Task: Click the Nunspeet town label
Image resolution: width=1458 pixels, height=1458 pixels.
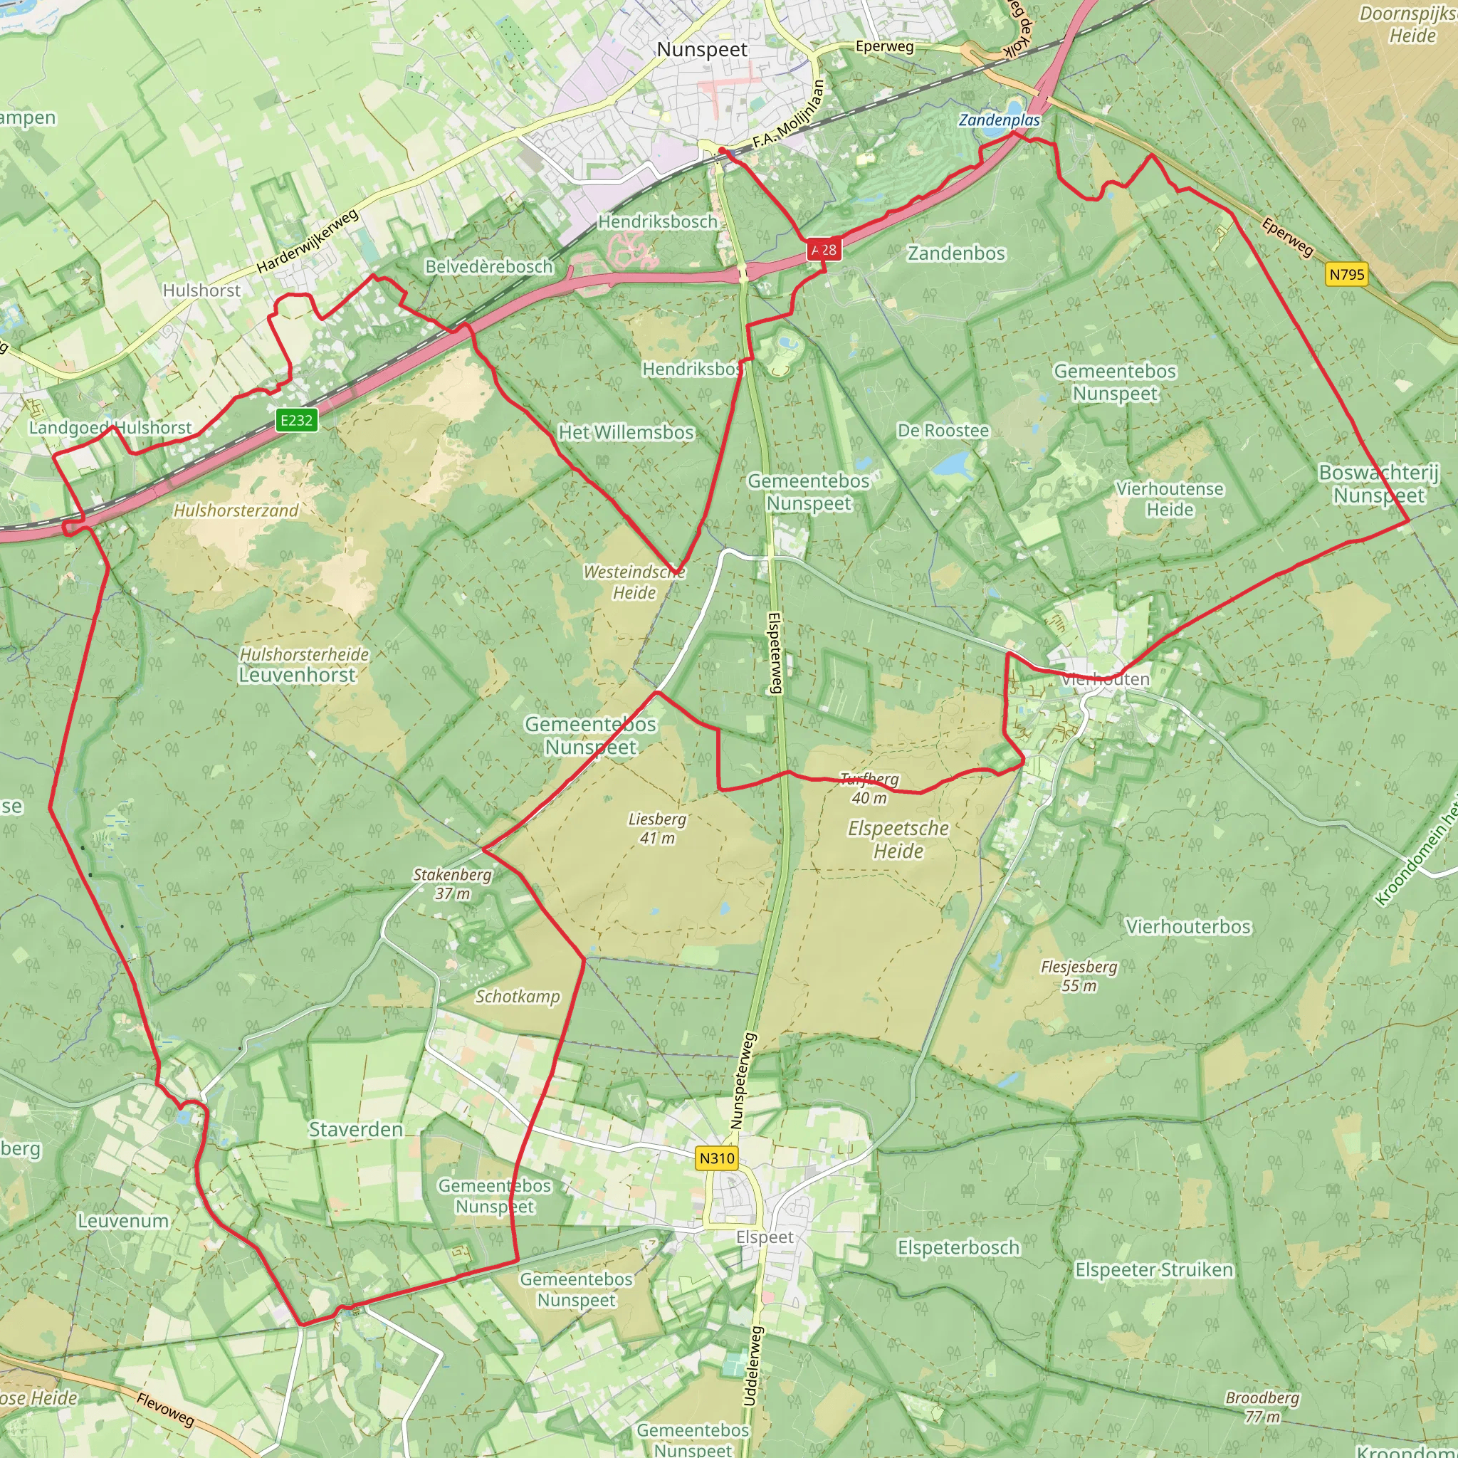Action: [x=702, y=50]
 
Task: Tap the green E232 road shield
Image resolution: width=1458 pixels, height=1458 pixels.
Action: [x=296, y=420]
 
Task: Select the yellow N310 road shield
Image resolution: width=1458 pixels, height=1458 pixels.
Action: [x=716, y=1158]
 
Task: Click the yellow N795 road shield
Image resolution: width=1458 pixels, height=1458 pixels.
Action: [x=1347, y=274]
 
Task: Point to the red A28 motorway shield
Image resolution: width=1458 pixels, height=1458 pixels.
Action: [x=824, y=250]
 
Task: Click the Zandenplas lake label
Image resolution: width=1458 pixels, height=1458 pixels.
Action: [x=999, y=120]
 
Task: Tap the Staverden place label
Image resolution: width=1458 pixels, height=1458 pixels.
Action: [x=355, y=1130]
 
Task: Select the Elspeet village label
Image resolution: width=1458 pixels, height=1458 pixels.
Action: [x=765, y=1237]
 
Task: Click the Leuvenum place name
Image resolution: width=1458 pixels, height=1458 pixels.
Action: [x=123, y=1221]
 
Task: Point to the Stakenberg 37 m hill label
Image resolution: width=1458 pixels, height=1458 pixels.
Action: [x=452, y=883]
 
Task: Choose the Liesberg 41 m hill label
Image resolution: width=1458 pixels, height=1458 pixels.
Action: [x=657, y=828]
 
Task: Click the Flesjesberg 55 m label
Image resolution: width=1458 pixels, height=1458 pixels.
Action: [x=1079, y=976]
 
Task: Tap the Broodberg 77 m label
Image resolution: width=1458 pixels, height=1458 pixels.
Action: [x=1262, y=1407]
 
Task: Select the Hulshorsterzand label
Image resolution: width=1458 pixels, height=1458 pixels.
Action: [x=236, y=511]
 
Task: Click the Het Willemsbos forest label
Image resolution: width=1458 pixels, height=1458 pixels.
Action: [x=626, y=432]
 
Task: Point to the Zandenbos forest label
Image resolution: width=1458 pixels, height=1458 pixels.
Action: [x=956, y=253]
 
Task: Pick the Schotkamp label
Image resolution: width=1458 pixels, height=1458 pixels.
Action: [x=518, y=997]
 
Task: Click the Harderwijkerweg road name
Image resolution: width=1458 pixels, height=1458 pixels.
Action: [x=307, y=241]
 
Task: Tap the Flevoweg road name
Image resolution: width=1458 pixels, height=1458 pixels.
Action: [x=165, y=1410]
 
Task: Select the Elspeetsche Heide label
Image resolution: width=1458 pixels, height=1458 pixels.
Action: [x=898, y=839]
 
